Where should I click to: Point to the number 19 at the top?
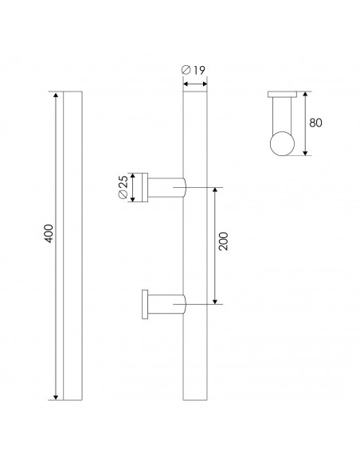click(199, 71)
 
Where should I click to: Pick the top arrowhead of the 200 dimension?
click(213, 190)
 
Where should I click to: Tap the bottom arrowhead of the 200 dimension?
click(213, 301)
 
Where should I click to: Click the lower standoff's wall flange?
click(143, 305)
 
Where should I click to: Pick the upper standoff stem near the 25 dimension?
click(166, 188)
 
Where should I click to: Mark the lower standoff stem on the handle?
click(166, 305)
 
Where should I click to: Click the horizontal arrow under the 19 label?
click(195, 83)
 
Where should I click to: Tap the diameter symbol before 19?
click(186, 71)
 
